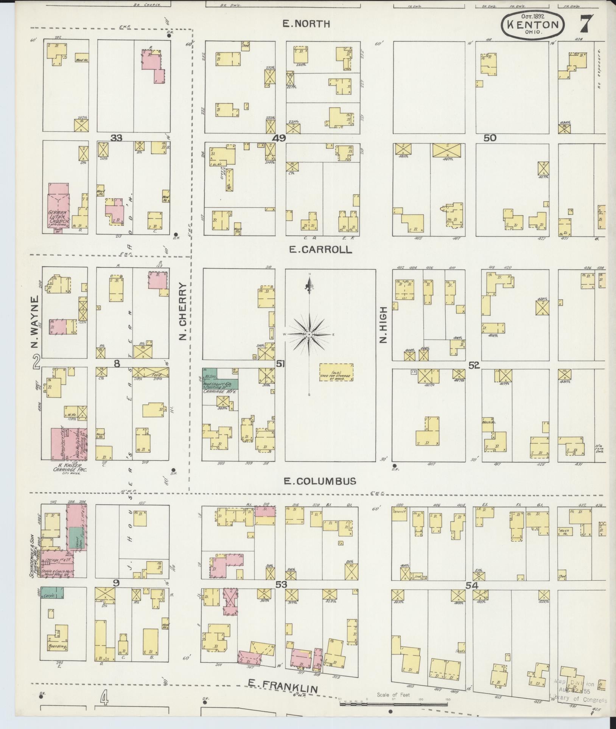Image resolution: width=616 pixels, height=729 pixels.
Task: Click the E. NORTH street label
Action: [x=307, y=24]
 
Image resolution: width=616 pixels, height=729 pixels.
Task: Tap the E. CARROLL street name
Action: [x=320, y=250]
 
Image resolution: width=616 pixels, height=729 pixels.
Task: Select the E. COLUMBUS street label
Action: [x=320, y=481]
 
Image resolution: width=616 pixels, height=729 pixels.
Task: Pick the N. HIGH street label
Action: [x=384, y=330]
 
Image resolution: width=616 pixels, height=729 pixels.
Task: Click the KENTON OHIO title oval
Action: [x=532, y=26]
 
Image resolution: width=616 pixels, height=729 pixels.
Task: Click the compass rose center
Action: [x=309, y=335]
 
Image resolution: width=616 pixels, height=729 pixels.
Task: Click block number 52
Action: [x=474, y=365]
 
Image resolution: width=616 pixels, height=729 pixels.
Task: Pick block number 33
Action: [x=116, y=138]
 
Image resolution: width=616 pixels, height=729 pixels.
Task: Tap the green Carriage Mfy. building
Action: [x=220, y=380]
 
